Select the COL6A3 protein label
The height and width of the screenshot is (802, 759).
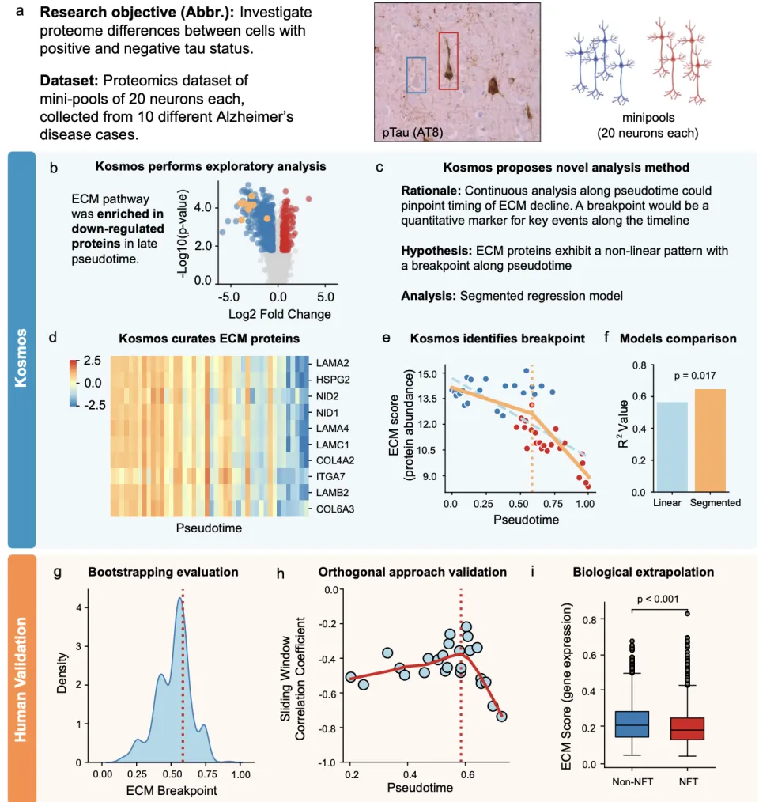[x=334, y=509]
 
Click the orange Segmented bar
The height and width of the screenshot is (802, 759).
[x=710, y=440]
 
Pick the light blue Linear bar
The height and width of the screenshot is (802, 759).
[x=672, y=447]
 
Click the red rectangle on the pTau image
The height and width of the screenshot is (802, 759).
[x=448, y=61]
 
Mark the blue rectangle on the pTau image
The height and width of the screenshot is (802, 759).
[x=416, y=74]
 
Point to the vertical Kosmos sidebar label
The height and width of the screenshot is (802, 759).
[x=21, y=349]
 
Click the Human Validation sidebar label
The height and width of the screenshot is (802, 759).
[x=21, y=675]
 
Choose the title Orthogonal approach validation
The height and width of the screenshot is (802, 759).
[x=401, y=570]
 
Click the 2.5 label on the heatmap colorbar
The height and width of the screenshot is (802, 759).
[x=93, y=361]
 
